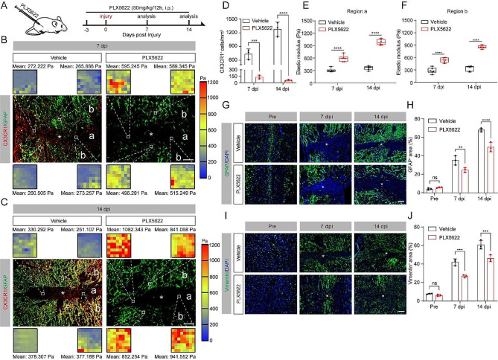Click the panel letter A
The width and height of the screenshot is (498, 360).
click(4, 5)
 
